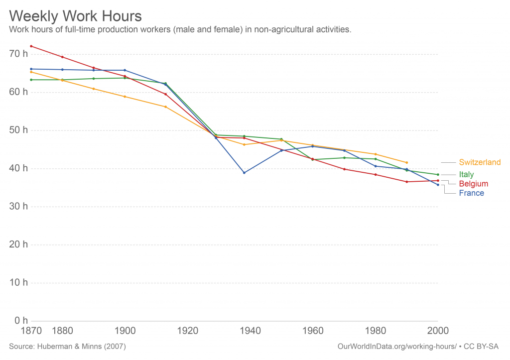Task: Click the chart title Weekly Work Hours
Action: pyautogui.click(x=75, y=15)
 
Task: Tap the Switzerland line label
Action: pyautogui.click(x=480, y=162)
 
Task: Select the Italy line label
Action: pyautogui.click(x=466, y=175)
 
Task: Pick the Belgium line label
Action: pyautogui.click(x=473, y=184)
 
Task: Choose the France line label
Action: pyautogui.click(x=471, y=193)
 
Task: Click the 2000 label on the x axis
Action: pyautogui.click(x=438, y=331)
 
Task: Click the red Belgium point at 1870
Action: pyautogui.click(x=31, y=46)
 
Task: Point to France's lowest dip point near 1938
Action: pyautogui.click(x=244, y=173)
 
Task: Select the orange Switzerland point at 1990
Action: pyautogui.click(x=407, y=162)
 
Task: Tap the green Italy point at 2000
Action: pyautogui.click(x=438, y=175)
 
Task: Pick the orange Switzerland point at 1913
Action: pyautogui.click(x=165, y=107)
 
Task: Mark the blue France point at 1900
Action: pyautogui.click(x=125, y=70)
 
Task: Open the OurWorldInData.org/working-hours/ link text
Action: pyautogui.click(x=396, y=346)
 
